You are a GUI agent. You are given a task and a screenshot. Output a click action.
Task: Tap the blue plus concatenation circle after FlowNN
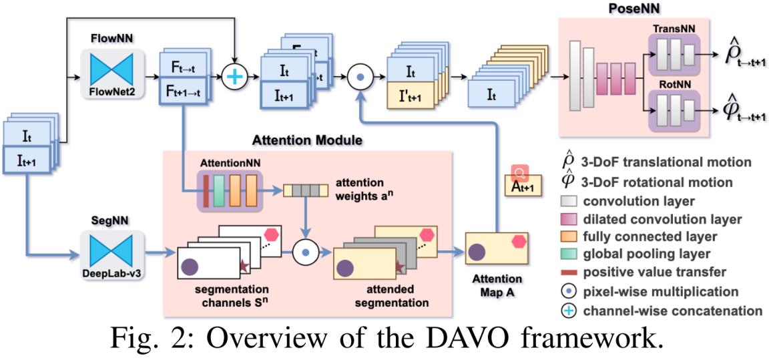tap(234, 77)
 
